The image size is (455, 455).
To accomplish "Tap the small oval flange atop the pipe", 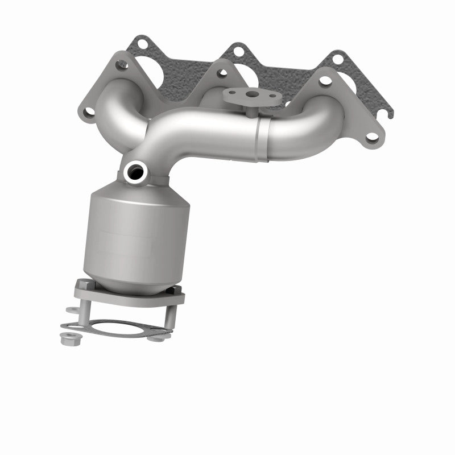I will pos(245,96).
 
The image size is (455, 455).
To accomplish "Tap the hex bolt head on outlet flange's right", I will pos(175,291).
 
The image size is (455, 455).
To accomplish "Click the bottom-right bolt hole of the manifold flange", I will pos(371,136).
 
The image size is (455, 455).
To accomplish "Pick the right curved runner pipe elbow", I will pos(318,125).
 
